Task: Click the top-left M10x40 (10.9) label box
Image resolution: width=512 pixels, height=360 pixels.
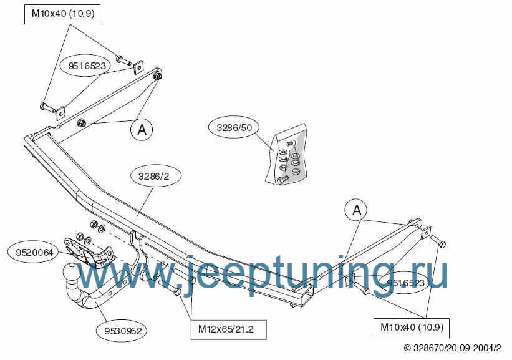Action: click(x=62, y=14)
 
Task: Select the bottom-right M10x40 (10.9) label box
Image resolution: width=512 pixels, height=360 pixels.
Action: click(x=412, y=328)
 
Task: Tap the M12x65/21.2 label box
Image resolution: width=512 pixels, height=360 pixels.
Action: click(x=229, y=329)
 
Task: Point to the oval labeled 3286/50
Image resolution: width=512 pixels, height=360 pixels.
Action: click(x=234, y=127)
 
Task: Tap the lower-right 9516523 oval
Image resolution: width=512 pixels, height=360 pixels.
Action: click(x=405, y=283)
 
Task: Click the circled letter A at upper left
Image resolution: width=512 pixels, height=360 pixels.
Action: click(x=142, y=130)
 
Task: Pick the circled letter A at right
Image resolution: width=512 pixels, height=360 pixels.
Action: click(x=357, y=210)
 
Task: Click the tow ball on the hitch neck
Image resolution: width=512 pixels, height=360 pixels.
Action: click(x=70, y=271)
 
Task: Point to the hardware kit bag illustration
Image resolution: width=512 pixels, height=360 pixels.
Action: click(x=286, y=154)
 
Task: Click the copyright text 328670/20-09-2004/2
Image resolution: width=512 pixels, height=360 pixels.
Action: click(x=452, y=348)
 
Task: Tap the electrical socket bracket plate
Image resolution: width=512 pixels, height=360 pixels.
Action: click(x=88, y=251)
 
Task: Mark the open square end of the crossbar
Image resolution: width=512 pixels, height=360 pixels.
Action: click(x=307, y=294)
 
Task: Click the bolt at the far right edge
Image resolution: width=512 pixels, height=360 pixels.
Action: click(x=438, y=241)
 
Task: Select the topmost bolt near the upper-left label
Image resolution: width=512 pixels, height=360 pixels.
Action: click(x=123, y=61)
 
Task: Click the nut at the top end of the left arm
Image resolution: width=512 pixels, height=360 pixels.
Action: click(x=158, y=75)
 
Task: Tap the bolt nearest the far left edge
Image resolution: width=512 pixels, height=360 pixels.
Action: click(x=47, y=107)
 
